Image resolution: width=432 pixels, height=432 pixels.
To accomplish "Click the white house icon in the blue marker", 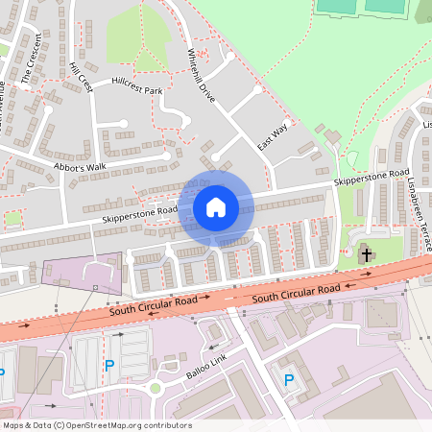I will click(216, 206).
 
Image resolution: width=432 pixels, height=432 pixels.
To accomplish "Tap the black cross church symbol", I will click(366, 254).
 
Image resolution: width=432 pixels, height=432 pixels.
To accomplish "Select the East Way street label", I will click(273, 138).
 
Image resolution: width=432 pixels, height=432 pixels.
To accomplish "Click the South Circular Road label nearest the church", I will click(298, 294).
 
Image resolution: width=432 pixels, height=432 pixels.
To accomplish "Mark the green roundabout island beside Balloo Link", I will click(155, 389).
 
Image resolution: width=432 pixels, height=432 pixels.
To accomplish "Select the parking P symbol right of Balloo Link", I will click(288, 380).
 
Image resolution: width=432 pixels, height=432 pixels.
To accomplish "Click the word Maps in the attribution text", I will click(14, 425).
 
